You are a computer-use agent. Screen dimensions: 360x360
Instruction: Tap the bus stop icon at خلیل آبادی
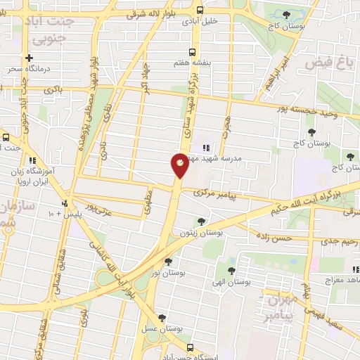click(x=200, y=11)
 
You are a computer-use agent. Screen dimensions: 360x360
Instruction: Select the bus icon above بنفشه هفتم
click(x=193, y=52)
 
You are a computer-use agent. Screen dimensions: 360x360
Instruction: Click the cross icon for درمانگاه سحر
click(x=29, y=58)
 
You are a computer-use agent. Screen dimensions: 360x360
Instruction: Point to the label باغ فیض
click(x=328, y=64)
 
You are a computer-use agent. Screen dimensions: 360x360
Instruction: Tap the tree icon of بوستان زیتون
click(x=202, y=221)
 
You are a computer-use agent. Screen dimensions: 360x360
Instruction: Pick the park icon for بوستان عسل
click(x=162, y=318)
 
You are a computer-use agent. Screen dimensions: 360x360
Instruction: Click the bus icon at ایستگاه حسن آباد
click(x=191, y=347)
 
